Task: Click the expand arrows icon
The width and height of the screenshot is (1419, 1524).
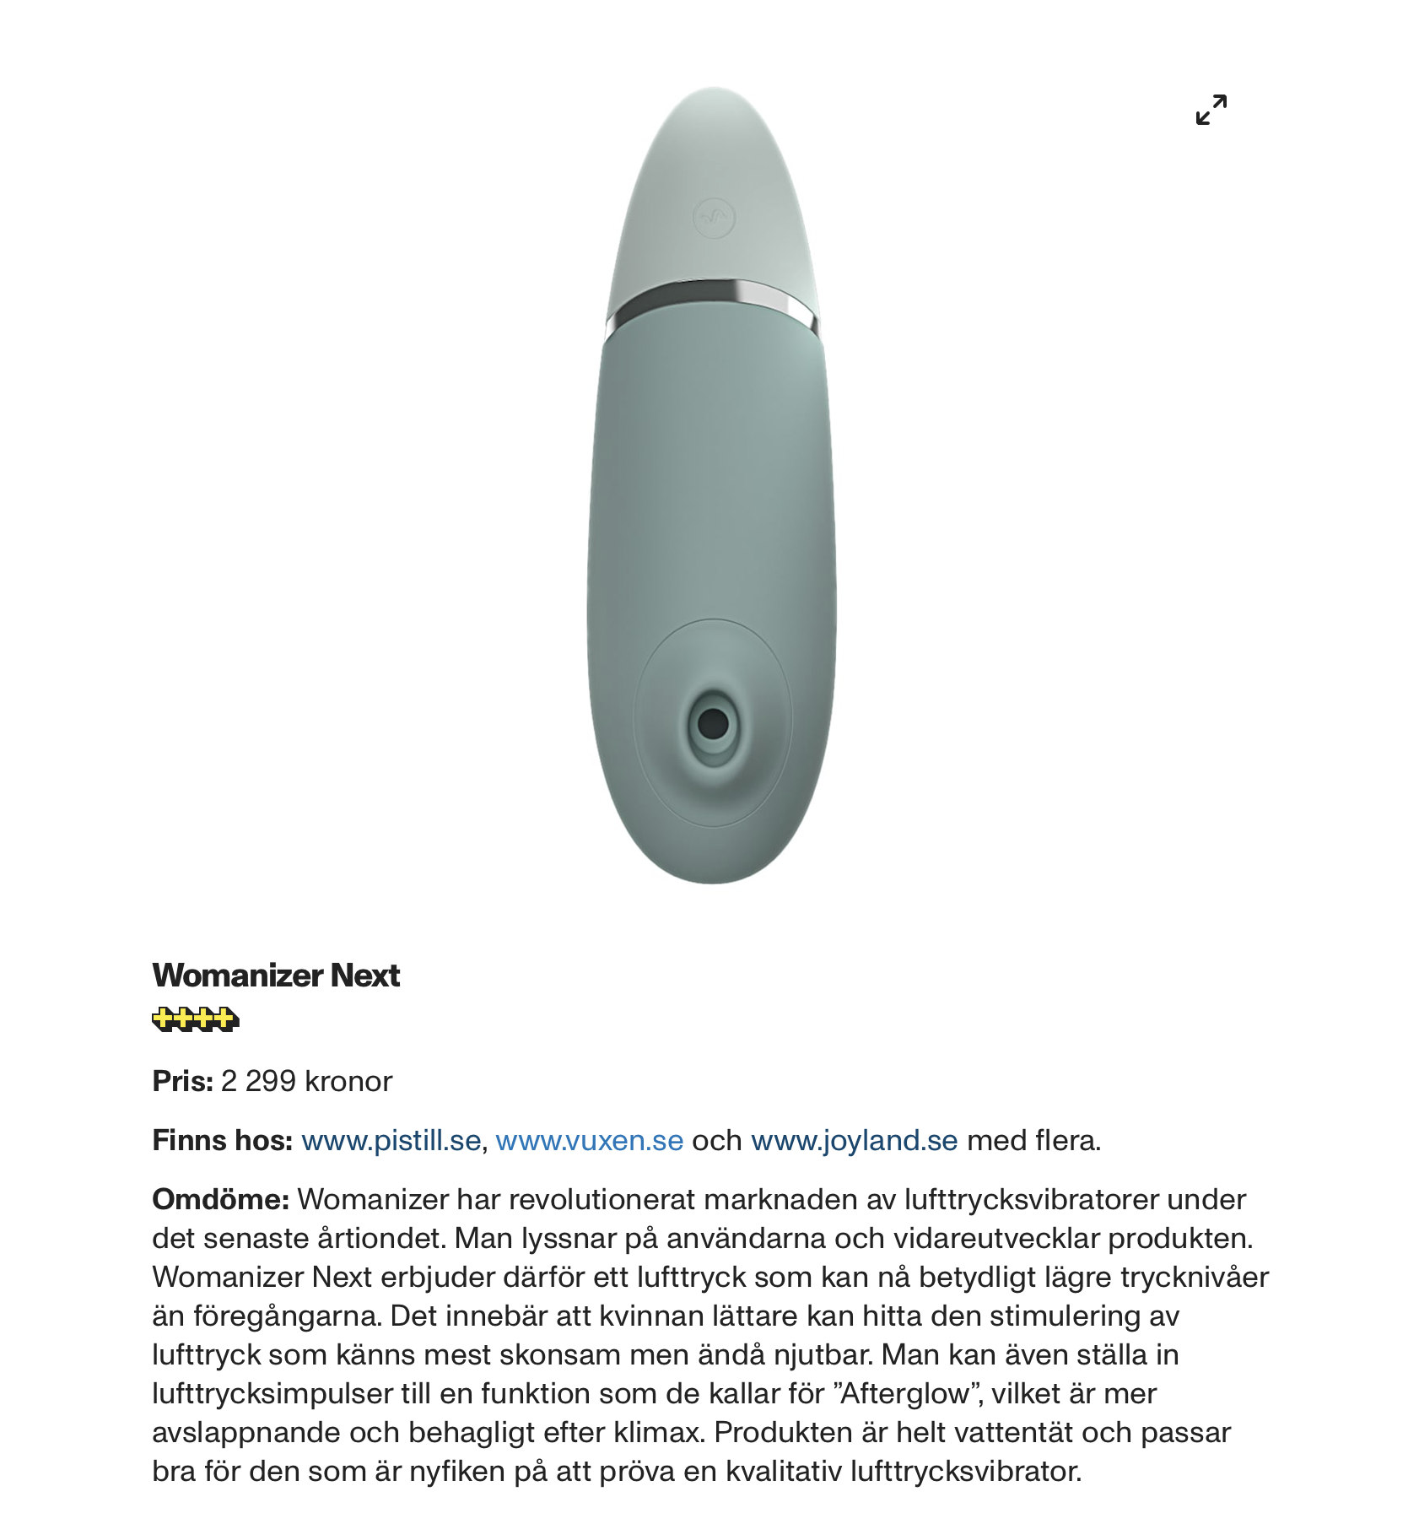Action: (x=1211, y=110)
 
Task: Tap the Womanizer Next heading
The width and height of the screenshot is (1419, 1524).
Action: (x=276, y=975)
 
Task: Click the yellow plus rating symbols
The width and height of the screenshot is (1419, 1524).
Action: (x=196, y=1019)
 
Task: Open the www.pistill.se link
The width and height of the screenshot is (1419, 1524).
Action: (x=391, y=1141)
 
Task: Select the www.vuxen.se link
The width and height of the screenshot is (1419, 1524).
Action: (x=589, y=1141)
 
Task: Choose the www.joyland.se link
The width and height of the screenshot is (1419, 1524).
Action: (x=854, y=1141)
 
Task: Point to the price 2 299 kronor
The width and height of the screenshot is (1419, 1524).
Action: (x=306, y=1082)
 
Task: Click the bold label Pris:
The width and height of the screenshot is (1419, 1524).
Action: (x=182, y=1082)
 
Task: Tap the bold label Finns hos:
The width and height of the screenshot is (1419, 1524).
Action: (x=222, y=1141)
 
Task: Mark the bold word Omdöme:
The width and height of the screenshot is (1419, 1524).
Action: (x=221, y=1200)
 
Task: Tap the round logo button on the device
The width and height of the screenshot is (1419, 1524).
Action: (x=714, y=219)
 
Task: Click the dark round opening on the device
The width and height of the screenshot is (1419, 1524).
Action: (x=714, y=723)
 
